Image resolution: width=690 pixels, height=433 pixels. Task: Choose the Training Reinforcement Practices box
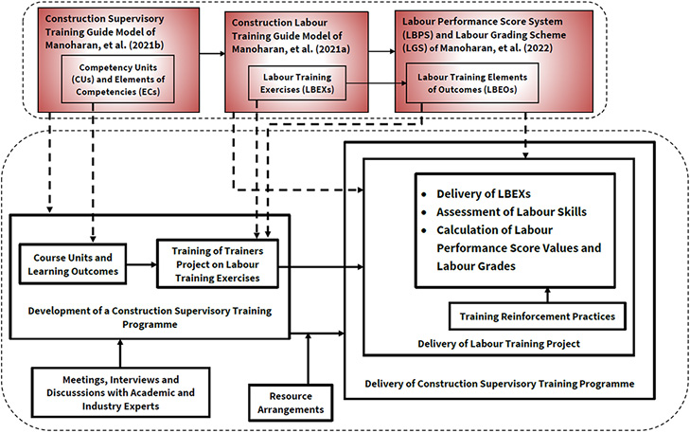[x=536, y=316]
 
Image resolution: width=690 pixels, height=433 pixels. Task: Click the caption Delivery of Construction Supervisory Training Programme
[x=500, y=383]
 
